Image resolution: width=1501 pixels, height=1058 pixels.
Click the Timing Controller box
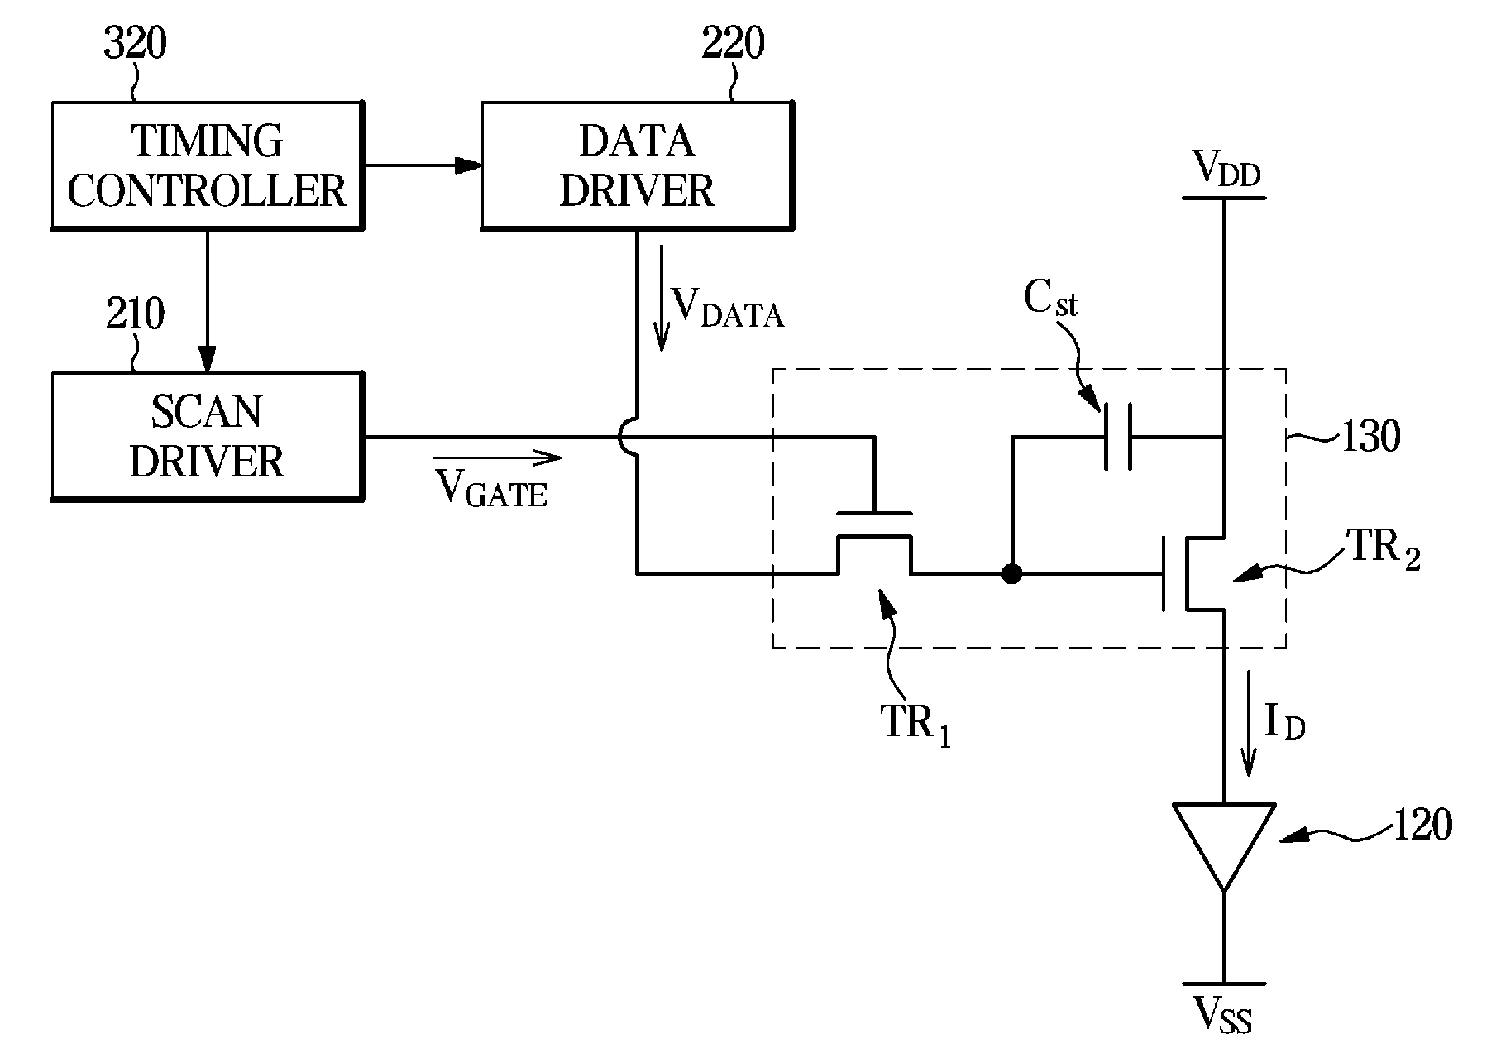click(x=208, y=165)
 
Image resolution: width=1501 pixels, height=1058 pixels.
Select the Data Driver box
click(x=637, y=165)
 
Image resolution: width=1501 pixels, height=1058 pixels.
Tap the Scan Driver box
click(x=208, y=436)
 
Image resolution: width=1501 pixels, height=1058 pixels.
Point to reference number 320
click(x=135, y=43)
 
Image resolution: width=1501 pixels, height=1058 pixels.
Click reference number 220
click(x=734, y=43)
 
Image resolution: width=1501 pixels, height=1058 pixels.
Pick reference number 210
click(x=135, y=314)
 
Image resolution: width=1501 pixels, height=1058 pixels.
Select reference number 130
click(x=1370, y=436)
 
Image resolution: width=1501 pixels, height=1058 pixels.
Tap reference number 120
click(x=1422, y=825)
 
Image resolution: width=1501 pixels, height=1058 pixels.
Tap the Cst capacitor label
click(x=1050, y=299)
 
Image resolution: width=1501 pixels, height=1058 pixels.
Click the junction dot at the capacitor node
click(x=1011, y=573)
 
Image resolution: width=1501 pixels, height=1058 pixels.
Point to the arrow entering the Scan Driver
click(x=207, y=301)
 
